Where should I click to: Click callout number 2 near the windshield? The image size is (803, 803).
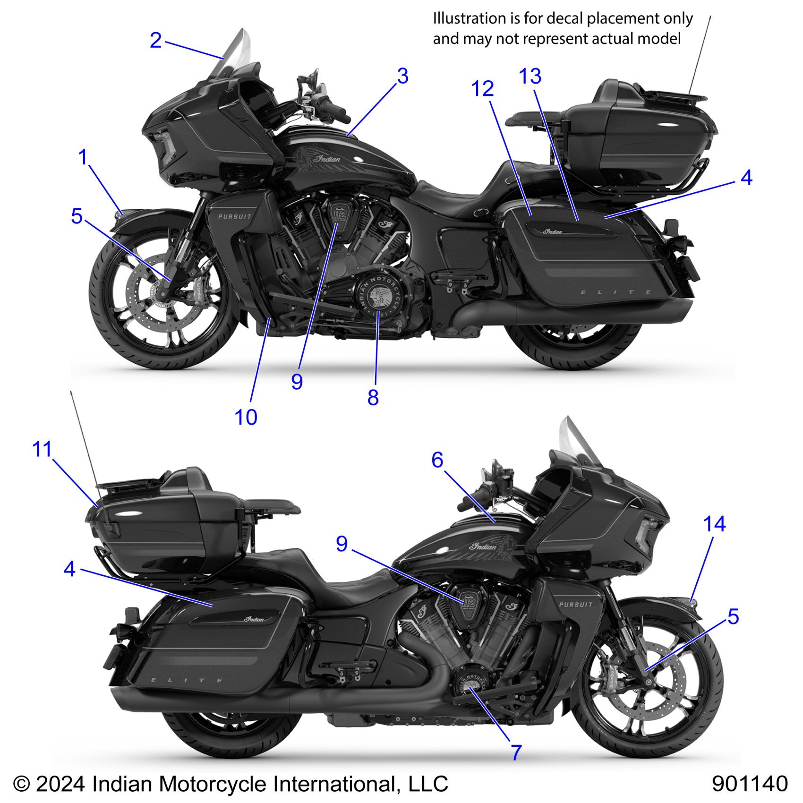click(x=155, y=40)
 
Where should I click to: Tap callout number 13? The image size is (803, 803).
click(x=530, y=76)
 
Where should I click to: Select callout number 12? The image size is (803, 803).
click(x=482, y=89)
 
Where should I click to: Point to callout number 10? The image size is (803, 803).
click(x=246, y=418)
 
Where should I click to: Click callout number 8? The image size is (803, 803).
click(x=373, y=398)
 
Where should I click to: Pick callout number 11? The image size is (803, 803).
click(x=42, y=449)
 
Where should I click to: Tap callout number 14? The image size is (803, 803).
click(x=714, y=524)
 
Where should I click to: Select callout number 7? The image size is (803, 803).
click(x=516, y=752)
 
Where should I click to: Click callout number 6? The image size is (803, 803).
click(x=437, y=460)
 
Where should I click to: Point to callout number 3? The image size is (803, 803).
click(x=402, y=76)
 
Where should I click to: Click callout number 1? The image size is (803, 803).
click(x=83, y=157)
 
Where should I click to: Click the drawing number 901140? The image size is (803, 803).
click(x=750, y=784)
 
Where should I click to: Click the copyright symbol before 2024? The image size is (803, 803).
click(x=21, y=784)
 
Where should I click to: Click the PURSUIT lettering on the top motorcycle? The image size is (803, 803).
click(x=235, y=216)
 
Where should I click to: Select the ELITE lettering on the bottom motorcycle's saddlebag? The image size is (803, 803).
click(x=187, y=680)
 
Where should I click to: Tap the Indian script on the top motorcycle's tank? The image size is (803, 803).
click(x=327, y=159)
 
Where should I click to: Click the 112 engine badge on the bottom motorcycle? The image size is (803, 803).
click(x=469, y=603)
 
